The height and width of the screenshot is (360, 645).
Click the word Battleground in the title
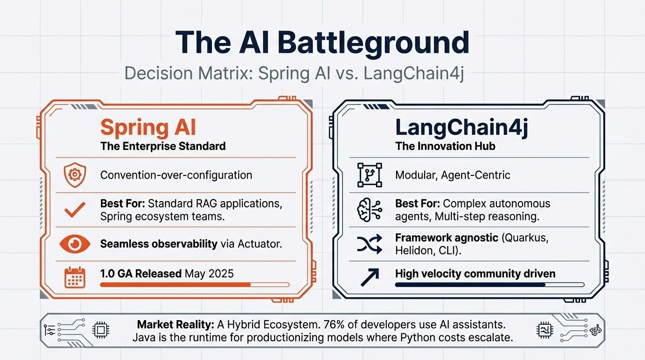pyautogui.click(x=373, y=43)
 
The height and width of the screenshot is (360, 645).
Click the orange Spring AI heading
pyautogui.click(x=148, y=127)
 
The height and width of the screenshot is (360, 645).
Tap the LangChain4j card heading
pyautogui.click(x=462, y=127)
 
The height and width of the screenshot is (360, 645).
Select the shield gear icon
pyautogui.click(x=75, y=175)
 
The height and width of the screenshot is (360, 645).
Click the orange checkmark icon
pyautogui.click(x=75, y=210)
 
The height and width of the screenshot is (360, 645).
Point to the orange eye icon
pyautogui.click(x=75, y=244)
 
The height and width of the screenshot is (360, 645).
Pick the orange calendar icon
pyautogui.click(x=75, y=277)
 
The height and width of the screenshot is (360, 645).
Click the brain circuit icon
pyautogui.click(x=369, y=210)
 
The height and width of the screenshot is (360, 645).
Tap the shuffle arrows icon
pyautogui.click(x=369, y=244)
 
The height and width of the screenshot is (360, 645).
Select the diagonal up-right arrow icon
pyautogui.click(x=370, y=277)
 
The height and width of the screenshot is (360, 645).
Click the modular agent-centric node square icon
pyautogui.click(x=369, y=175)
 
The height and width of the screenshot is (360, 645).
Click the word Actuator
pyautogui.click(x=259, y=244)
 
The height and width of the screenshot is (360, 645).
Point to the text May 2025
pyautogui.click(x=209, y=273)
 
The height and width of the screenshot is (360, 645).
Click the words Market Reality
pyautogui.click(x=175, y=324)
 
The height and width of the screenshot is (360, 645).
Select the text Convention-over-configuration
pyautogui.click(x=176, y=175)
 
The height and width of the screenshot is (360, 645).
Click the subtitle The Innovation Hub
pyautogui.click(x=445, y=146)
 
